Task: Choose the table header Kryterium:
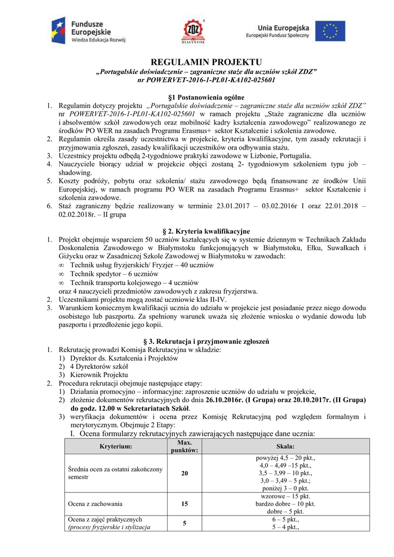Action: (x=116, y=447)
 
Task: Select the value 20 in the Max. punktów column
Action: (x=184, y=474)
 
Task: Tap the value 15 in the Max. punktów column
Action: (x=184, y=504)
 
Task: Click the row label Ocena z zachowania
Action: (x=95, y=504)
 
